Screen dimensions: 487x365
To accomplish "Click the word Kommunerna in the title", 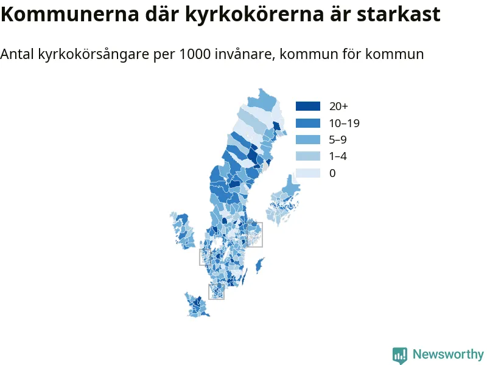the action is [69, 13].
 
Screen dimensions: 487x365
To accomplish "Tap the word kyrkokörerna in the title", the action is [254, 14].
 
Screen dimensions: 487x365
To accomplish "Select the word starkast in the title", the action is [399, 13].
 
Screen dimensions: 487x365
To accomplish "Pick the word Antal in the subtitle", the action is [17, 54].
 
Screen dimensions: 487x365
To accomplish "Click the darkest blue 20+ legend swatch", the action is [308, 106].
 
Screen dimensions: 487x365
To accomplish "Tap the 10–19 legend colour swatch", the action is [308, 123].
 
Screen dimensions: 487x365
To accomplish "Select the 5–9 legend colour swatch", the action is [308, 140].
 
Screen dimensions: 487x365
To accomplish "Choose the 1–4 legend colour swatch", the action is [308, 156].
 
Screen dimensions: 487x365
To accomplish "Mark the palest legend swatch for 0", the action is [308, 173].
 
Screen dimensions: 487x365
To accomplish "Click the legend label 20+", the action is [338, 106].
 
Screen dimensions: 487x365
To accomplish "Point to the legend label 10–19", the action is [345, 123].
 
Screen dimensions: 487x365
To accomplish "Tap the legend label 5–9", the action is [338, 140].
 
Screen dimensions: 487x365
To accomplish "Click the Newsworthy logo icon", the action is [400, 355].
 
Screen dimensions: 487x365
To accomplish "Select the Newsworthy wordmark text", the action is [448, 354].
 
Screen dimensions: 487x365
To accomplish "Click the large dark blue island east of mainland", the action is [259, 265].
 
